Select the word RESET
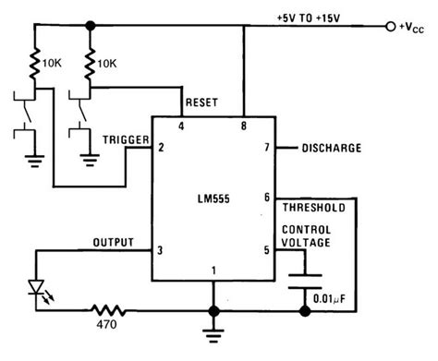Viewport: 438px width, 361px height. pyautogui.click(x=201, y=102)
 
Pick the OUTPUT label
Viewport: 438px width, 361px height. pyautogui.click(x=114, y=242)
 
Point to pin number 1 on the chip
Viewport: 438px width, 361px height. pyautogui.click(x=213, y=271)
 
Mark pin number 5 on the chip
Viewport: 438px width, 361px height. pyautogui.click(x=266, y=249)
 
